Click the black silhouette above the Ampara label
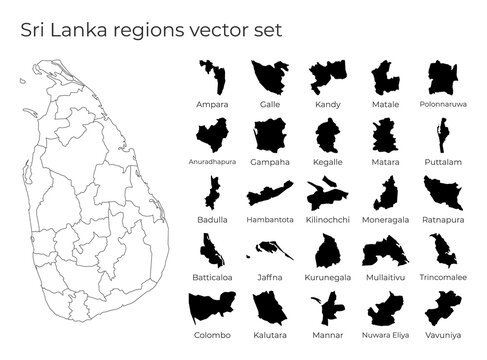point(212,77)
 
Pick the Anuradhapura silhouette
point(212,133)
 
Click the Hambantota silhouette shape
point(270,193)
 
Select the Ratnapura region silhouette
point(442,191)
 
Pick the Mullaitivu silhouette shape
point(384,249)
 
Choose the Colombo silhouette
point(212,306)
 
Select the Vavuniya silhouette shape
point(442,306)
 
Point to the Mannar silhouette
point(327,306)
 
